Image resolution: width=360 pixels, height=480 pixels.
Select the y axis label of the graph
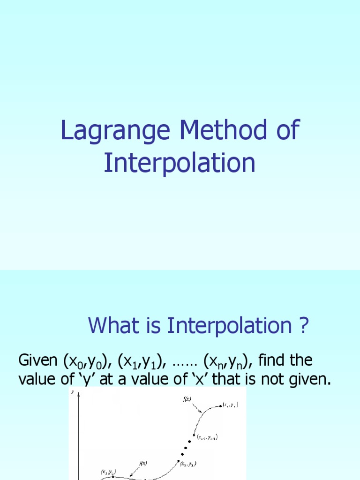coord(72,393)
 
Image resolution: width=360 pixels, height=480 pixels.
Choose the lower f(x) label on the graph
coord(142,463)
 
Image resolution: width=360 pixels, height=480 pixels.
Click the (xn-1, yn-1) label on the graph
coord(207,437)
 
